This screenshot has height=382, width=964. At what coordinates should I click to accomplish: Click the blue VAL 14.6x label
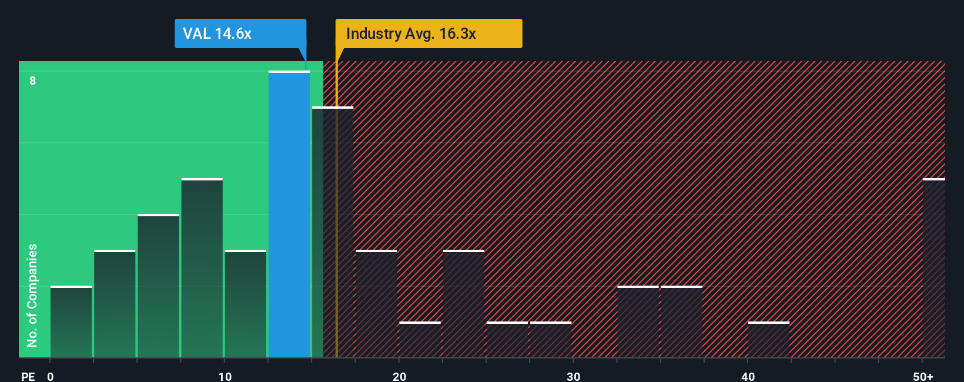pyautogui.click(x=240, y=33)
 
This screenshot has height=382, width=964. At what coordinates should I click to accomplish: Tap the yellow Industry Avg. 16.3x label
pyautogui.click(x=428, y=33)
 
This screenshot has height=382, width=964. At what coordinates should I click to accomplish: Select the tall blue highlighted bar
pyautogui.click(x=289, y=215)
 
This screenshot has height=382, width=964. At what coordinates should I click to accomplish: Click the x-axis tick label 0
pyautogui.click(x=51, y=376)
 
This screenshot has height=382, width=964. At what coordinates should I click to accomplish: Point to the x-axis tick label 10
pyautogui.click(x=225, y=376)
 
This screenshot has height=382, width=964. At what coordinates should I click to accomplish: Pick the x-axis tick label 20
pyautogui.click(x=399, y=376)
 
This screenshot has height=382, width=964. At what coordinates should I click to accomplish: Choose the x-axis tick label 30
pyautogui.click(x=573, y=376)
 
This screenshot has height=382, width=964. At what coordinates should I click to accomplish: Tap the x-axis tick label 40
pyautogui.click(x=748, y=376)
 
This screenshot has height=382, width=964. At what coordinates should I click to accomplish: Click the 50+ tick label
pyautogui.click(x=923, y=376)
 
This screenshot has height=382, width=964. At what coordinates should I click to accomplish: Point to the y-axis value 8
pyautogui.click(x=33, y=81)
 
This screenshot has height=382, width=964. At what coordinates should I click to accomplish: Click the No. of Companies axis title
pyautogui.click(x=32, y=295)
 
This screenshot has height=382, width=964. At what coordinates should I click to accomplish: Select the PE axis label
pyautogui.click(x=28, y=376)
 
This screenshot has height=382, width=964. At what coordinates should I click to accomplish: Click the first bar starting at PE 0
pyautogui.click(x=71, y=322)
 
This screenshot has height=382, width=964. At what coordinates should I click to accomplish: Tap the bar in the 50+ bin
pyautogui.click(x=933, y=268)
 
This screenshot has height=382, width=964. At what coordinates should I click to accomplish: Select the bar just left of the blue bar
pyautogui.click(x=246, y=304)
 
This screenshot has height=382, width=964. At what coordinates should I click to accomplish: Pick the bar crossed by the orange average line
pyautogui.click(x=333, y=232)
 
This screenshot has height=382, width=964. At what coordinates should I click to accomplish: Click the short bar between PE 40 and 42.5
pyautogui.click(x=769, y=340)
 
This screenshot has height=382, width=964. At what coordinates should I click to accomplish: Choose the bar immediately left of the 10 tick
pyautogui.click(x=202, y=268)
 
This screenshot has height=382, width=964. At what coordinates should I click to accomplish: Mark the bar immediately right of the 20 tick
pyautogui.click(x=420, y=340)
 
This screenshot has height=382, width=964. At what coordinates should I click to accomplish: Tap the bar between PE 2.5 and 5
pyautogui.click(x=115, y=304)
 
